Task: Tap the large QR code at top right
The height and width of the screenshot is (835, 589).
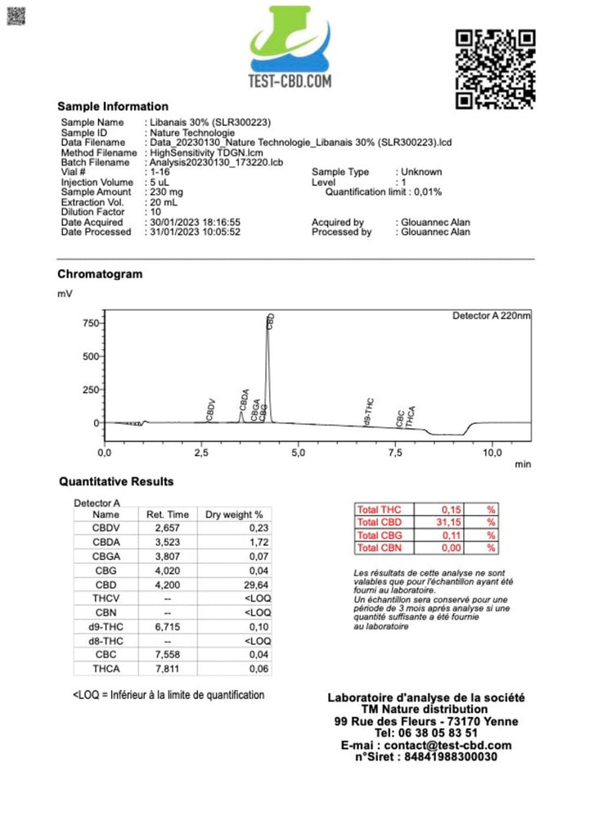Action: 495,69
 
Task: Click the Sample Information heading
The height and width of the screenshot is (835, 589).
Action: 113,106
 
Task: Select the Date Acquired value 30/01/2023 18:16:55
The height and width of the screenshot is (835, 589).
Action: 195,223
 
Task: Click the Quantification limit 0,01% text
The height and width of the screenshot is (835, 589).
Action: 384,192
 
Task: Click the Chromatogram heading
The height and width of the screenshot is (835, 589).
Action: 100,274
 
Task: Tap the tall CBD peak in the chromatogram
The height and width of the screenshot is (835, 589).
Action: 268,368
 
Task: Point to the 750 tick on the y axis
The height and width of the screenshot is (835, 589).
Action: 89,323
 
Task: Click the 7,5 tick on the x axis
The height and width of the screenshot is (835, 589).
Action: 395,452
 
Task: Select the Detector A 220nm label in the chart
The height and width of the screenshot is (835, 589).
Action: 491,316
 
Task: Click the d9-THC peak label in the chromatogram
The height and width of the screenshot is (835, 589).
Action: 369,412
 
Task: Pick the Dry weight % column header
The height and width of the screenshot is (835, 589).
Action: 234,515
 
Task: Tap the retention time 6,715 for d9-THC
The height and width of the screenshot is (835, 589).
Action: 167,626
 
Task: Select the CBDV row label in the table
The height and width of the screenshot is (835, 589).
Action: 106,529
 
